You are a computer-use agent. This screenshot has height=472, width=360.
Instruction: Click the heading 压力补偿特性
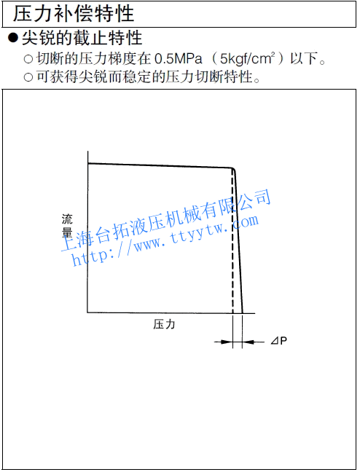point(73,14)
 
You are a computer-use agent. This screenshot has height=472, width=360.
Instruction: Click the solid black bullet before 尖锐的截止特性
point(13,38)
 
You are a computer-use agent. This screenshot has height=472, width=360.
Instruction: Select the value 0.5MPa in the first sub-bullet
point(179,58)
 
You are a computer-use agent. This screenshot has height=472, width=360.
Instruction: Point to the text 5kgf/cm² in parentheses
point(248,58)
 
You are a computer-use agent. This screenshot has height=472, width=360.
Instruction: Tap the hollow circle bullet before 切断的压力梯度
point(28,59)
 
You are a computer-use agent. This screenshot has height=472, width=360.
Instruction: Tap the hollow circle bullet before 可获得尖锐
point(28,77)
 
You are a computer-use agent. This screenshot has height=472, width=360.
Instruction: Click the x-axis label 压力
point(164,325)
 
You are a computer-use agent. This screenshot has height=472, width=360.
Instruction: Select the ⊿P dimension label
point(279,341)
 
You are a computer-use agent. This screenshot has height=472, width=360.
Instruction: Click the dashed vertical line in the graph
point(232,241)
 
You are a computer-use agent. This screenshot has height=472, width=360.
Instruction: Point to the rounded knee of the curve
point(233,170)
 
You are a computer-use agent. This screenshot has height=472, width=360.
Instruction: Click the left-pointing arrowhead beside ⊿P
point(249,342)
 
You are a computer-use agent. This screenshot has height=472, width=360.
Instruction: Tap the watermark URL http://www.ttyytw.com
point(165,241)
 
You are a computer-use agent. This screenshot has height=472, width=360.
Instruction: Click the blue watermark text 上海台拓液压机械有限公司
point(166,219)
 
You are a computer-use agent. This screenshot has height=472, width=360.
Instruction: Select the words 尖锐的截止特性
point(82,38)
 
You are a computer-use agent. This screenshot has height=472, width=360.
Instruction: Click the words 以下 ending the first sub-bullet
point(304,58)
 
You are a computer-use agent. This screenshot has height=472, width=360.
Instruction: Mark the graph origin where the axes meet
point(87,312)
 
